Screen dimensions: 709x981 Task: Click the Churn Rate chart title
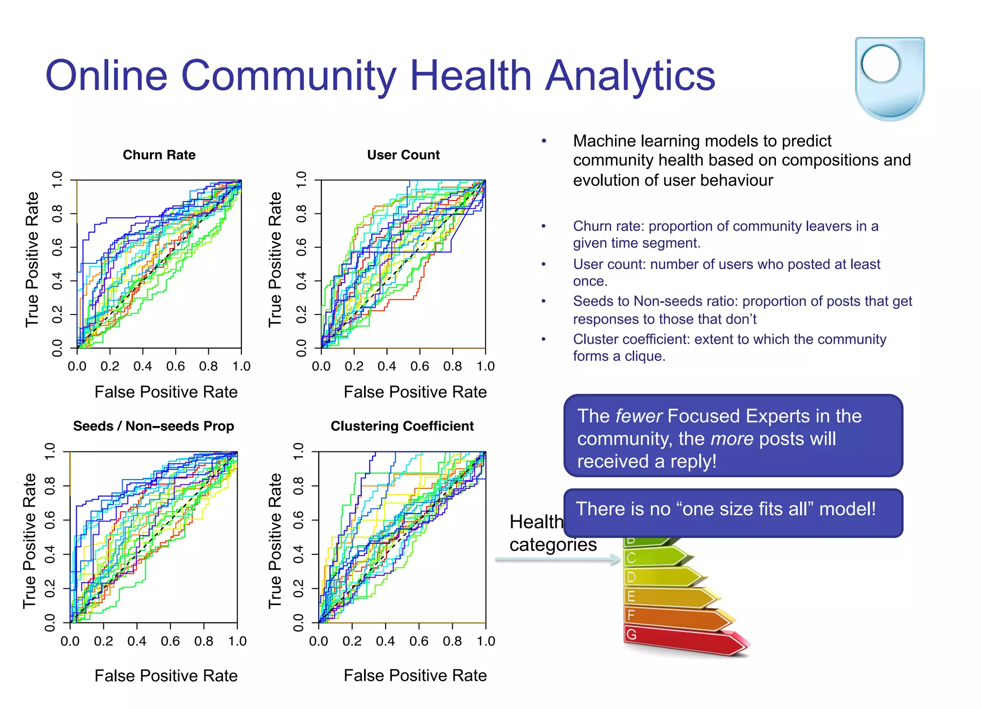[159, 155]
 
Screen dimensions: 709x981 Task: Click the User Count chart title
[403, 155]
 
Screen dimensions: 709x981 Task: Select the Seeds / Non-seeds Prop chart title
[153, 426]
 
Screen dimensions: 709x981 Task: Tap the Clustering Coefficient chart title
[402, 426]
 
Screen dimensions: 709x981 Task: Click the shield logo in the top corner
[890, 78]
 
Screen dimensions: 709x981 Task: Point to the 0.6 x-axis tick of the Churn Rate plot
[175, 366]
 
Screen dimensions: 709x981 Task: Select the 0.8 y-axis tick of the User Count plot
[301, 214]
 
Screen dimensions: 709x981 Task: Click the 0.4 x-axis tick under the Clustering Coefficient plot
[386, 641]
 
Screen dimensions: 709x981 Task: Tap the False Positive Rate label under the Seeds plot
[166, 675]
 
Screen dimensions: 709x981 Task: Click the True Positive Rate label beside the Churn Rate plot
[32, 259]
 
